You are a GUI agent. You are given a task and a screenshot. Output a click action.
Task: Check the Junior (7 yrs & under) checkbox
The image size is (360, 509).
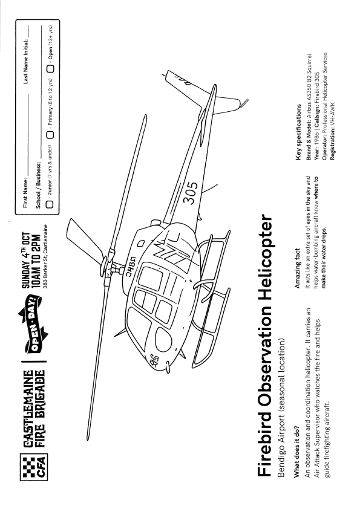click(x=50, y=204)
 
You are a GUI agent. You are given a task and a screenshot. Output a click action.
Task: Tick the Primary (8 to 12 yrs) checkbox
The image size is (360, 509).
click(x=50, y=135)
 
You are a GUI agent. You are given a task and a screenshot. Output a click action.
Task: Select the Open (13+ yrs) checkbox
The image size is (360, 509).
click(x=50, y=69)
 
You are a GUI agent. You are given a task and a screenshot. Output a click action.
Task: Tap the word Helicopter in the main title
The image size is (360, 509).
click(x=264, y=257)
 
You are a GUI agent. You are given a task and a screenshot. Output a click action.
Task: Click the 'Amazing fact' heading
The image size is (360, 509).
click(x=297, y=268)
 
